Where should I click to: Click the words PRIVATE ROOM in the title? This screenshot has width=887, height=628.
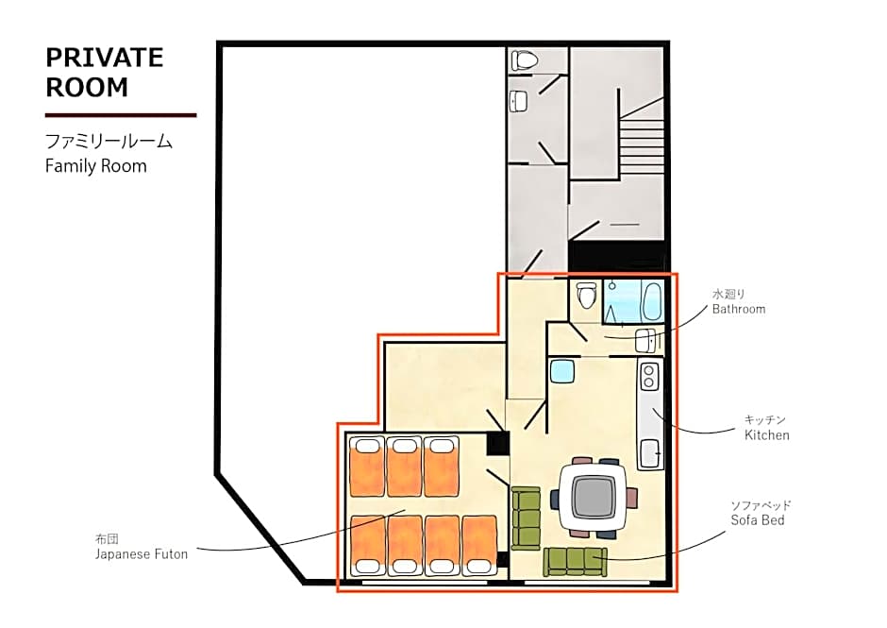pos(105,73)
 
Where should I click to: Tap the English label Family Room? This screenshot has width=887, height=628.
pos(96,166)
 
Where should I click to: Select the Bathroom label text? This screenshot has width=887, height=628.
pos(738,309)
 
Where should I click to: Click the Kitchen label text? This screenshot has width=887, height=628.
pos(766,435)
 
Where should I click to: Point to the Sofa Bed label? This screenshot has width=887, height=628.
pos(758,520)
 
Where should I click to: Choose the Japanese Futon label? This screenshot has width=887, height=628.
pos(142,554)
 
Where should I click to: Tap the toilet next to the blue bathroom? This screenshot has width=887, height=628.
pos(585,295)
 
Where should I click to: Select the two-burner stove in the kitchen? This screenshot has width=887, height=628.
pos(649,377)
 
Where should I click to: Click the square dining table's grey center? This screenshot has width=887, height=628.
pos(594,497)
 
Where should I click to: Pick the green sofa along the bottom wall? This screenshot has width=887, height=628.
pos(575,561)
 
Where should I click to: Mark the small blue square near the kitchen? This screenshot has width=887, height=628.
pos(561,371)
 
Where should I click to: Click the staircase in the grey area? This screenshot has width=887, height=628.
pos(641,144)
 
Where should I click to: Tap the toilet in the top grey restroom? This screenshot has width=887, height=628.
pos(523,59)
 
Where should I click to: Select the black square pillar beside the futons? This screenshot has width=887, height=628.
pos(498,444)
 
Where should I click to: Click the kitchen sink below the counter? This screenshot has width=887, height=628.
pos(650,453)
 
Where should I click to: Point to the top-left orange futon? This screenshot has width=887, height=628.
pos(367,467)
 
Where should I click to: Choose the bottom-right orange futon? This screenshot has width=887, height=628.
pos(479,545)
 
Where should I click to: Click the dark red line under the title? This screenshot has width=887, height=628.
pos(121,115)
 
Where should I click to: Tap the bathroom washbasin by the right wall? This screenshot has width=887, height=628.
pos(645,340)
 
